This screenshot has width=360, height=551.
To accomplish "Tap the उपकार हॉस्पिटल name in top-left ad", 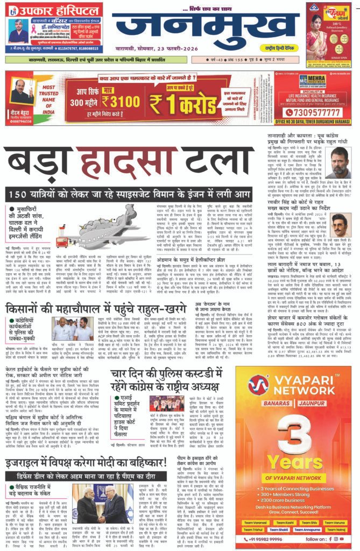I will coord(54,10).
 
